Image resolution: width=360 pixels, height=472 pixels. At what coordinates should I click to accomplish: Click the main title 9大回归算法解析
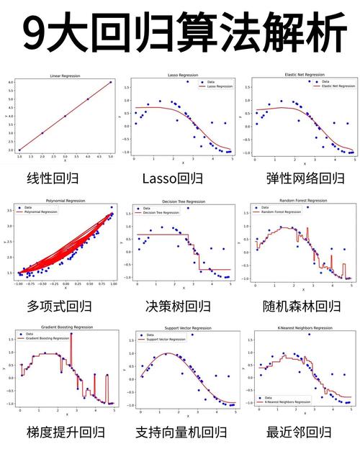point(180,32)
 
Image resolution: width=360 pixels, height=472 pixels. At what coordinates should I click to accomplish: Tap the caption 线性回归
point(55,178)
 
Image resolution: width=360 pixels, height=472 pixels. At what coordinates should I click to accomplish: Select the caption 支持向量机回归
point(181,432)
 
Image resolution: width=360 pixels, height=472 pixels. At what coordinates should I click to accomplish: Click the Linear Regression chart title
point(65,76)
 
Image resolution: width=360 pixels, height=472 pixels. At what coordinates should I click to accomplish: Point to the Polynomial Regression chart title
point(65,201)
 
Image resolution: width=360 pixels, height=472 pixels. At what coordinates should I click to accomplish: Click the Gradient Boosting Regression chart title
point(66,328)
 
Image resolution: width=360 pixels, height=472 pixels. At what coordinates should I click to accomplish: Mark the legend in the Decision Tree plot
point(153,211)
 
